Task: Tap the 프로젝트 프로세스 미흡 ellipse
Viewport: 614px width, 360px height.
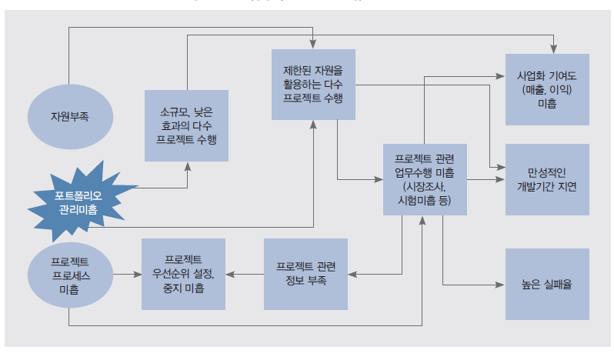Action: tap(69, 274)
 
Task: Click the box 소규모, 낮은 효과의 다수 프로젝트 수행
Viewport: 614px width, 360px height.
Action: tap(187, 125)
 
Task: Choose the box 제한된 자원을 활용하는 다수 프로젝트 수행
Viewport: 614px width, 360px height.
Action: tap(312, 85)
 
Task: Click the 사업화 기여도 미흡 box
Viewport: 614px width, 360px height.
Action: tap(546, 90)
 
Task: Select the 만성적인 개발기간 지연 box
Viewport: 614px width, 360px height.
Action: tap(546, 179)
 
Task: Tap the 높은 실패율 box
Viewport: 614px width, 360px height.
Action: tap(546, 284)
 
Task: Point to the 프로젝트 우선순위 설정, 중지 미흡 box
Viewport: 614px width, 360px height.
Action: tap(183, 274)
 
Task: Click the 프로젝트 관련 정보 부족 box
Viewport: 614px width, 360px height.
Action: tap(305, 274)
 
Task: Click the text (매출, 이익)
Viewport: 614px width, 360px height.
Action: tap(546, 90)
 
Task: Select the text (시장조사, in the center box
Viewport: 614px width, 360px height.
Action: tap(422, 186)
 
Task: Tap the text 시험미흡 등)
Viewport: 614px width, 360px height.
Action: tap(422, 199)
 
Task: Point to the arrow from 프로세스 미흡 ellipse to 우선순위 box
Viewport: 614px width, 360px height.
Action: tap(127, 274)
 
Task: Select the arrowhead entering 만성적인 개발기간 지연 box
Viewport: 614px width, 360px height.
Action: tap(500, 179)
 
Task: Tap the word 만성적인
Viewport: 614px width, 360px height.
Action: tap(546, 172)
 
